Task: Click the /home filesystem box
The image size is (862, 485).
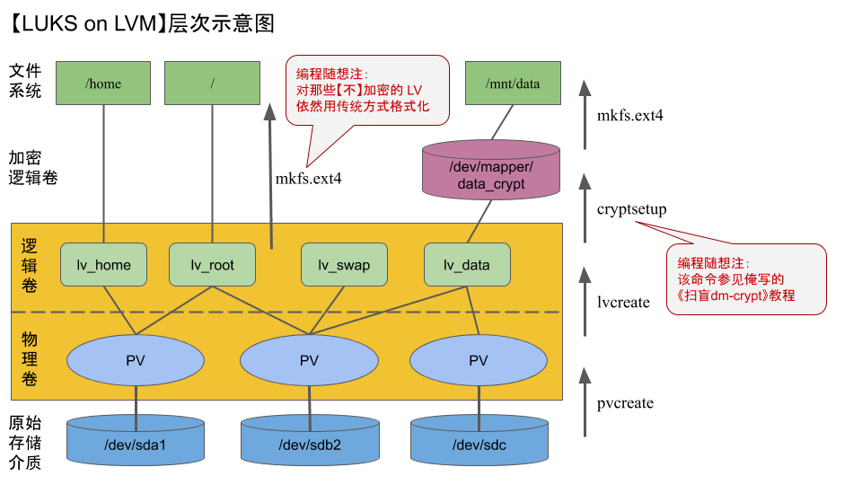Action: click(103, 84)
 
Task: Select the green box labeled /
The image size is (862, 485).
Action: click(212, 84)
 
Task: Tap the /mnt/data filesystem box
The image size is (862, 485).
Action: click(513, 84)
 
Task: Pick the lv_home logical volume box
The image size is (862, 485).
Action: click(103, 265)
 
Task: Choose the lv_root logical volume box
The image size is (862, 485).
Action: click(213, 265)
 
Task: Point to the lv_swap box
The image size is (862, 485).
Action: click(344, 265)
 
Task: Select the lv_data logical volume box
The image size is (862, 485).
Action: click(467, 265)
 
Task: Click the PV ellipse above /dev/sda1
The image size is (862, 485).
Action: click(136, 360)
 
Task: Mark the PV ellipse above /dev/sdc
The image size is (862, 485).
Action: click(479, 360)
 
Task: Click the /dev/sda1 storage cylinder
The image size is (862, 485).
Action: click(136, 442)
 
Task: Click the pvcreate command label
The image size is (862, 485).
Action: click(625, 403)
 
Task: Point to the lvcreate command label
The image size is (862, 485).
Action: click(623, 303)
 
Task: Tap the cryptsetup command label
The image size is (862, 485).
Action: click(631, 209)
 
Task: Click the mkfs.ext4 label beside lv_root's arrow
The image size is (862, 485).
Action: click(308, 179)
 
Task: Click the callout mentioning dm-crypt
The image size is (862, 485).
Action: click(744, 279)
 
